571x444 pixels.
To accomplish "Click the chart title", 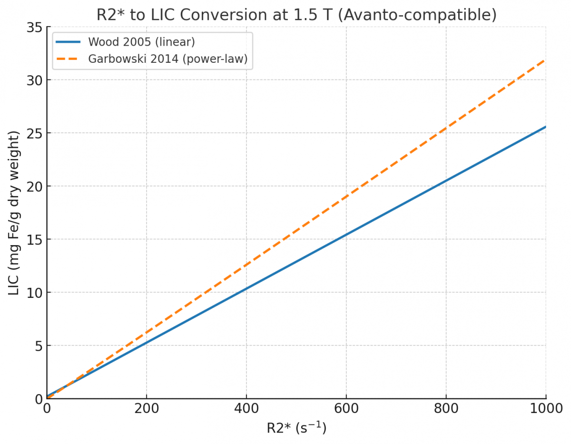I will pos(296,14).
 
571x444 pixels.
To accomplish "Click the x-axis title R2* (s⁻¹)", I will pos(296,428).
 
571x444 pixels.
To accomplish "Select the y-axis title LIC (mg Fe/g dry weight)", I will pos(14,213).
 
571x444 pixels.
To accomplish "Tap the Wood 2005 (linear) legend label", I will pos(141,42).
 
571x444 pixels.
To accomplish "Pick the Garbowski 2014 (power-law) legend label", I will pos(167,59).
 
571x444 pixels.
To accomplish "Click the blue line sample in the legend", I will pos(68,42).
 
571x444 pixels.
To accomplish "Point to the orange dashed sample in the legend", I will pos(68,59).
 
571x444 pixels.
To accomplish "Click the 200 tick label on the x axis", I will pos(147,408).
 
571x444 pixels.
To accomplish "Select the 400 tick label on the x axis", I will pos(246,408).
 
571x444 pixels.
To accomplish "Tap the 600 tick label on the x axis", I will pos(346,408).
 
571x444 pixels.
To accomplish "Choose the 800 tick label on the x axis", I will pos(446,408).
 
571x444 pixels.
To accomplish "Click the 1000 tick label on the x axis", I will pos(545,408).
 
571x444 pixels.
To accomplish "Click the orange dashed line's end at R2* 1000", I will pos(545,60).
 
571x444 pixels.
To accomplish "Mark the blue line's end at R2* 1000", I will pos(545,127).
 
